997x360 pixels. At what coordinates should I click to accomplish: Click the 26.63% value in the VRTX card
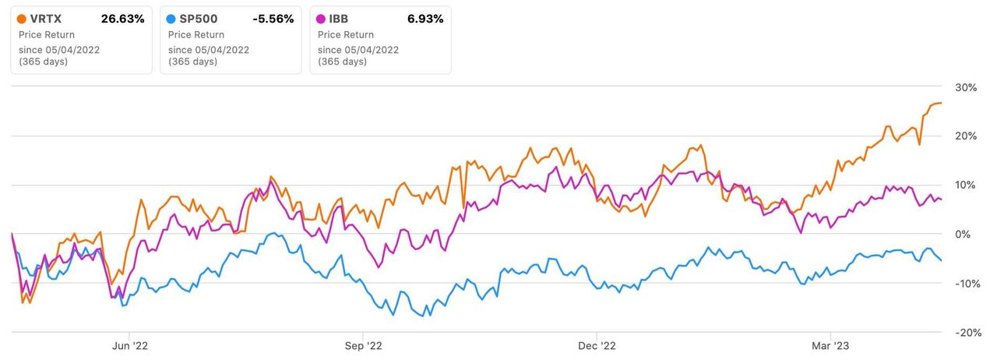point(122,19)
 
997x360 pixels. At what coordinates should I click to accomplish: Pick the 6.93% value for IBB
point(426,19)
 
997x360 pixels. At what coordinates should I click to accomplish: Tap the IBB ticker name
point(340,19)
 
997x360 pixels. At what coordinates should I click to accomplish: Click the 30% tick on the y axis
point(966,87)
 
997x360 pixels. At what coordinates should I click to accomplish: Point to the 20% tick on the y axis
point(966,136)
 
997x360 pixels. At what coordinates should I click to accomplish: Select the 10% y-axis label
point(966,185)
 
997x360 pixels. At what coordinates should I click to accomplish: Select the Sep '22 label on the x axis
point(364,345)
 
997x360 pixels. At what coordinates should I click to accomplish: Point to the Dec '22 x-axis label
point(597,345)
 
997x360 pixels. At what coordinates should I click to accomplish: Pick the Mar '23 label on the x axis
point(831,345)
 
